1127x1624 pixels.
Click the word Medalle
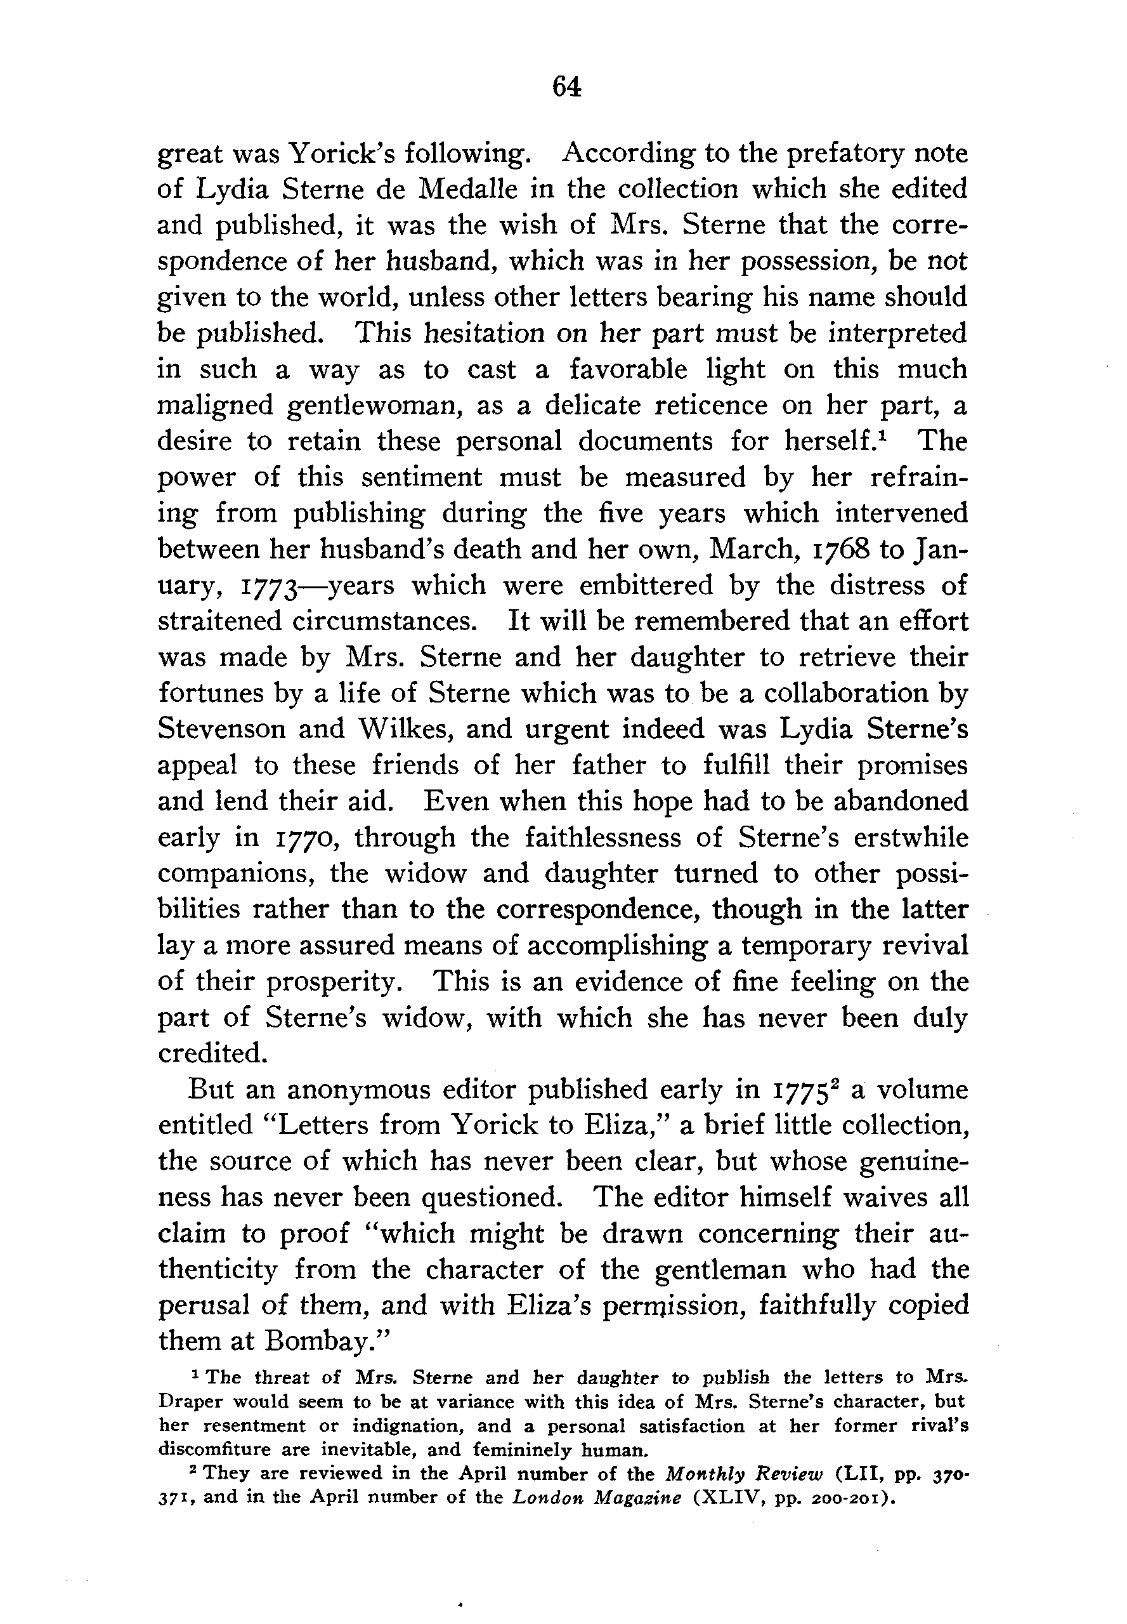point(472,189)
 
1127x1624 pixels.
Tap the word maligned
point(214,406)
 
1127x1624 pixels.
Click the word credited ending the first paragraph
point(212,1053)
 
